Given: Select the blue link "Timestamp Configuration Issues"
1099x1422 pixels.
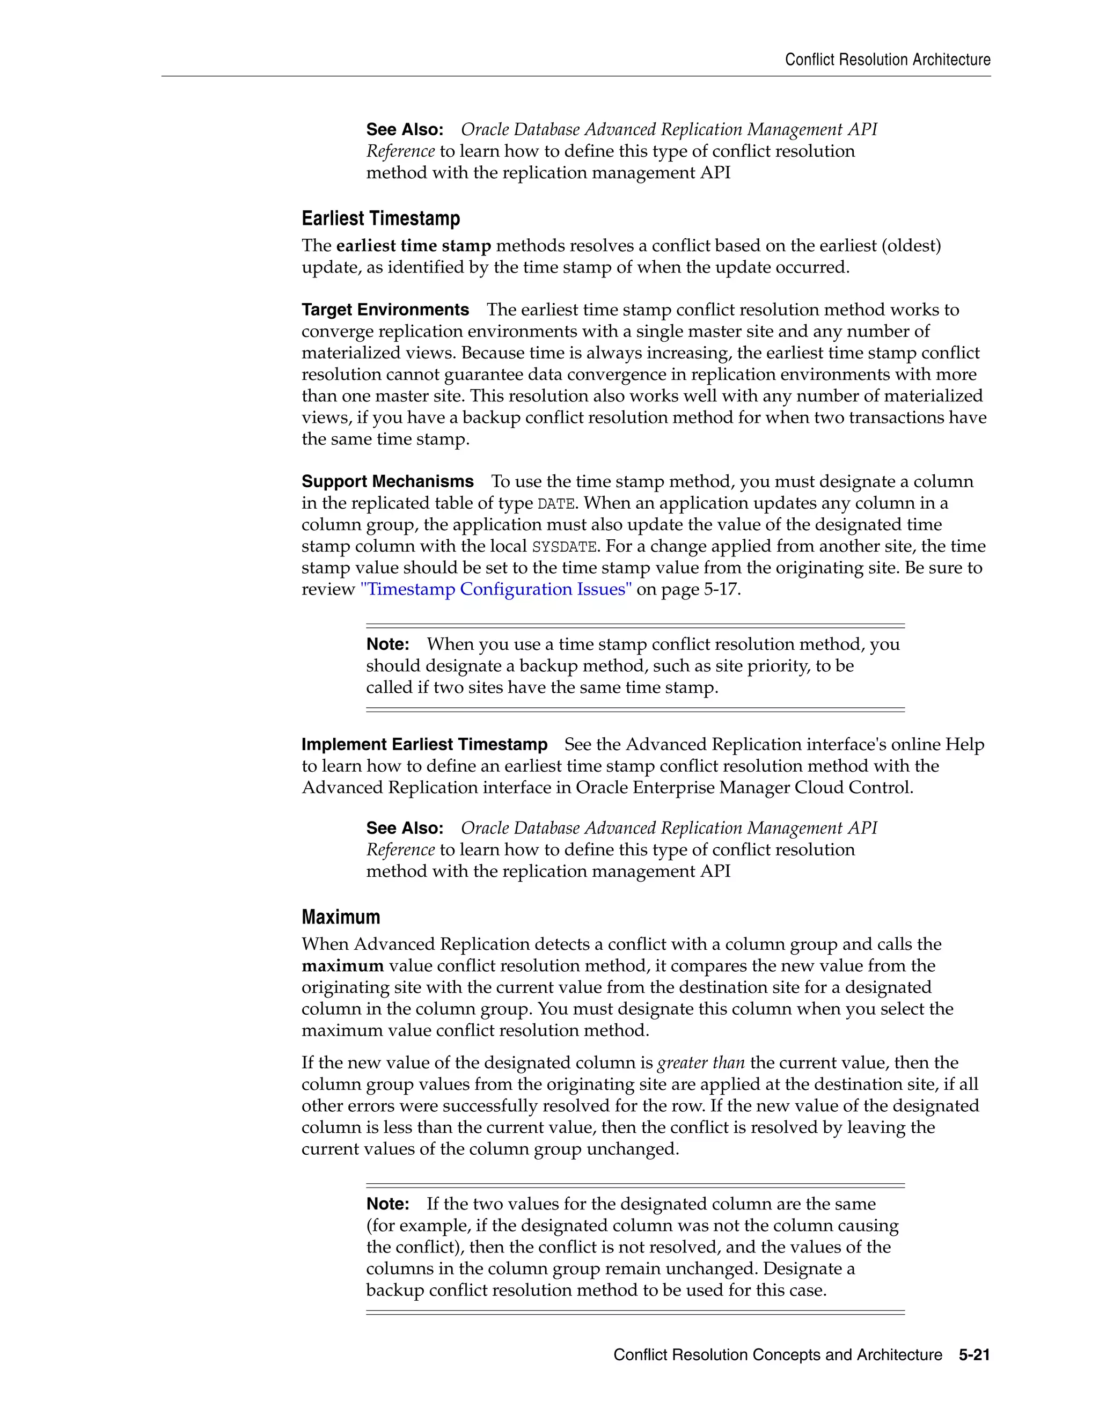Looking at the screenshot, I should click(x=495, y=589).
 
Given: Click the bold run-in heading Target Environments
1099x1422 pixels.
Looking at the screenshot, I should click(x=385, y=310).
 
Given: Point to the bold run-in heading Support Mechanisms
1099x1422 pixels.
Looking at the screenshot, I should click(x=387, y=482).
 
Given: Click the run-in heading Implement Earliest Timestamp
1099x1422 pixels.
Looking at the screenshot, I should click(x=424, y=744).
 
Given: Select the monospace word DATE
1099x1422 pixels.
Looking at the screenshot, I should click(x=555, y=504).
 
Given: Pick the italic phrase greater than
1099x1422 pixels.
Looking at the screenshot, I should click(x=700, y=1062).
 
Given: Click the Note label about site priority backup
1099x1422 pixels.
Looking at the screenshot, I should click(x=387, y=644).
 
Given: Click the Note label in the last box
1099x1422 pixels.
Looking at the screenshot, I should click(x=387, y=1204).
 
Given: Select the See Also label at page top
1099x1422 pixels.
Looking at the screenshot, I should click(x=404, y=129).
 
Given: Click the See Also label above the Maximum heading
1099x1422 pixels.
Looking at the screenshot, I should click(x=404, y=828).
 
